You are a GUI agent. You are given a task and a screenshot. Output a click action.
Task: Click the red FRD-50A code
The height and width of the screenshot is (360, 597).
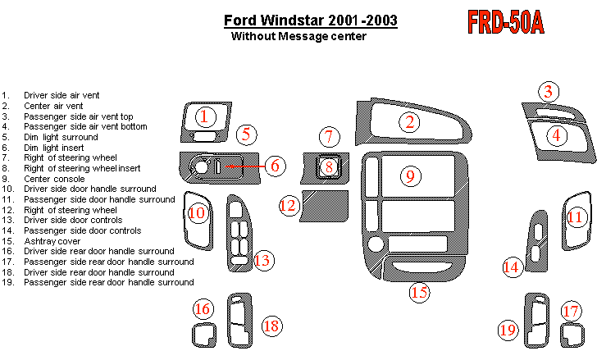coord(505,23)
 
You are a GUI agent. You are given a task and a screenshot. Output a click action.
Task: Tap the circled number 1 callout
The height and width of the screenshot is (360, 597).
coord(206,116)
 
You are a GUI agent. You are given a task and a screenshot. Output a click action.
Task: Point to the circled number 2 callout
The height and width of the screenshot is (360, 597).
coord(409,122)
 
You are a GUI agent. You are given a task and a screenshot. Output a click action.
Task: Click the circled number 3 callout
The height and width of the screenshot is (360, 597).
coord(549,92)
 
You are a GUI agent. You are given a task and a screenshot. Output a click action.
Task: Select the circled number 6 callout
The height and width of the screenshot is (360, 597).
coord(276,166)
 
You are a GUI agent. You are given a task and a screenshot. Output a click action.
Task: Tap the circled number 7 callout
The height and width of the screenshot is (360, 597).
coord(328,136)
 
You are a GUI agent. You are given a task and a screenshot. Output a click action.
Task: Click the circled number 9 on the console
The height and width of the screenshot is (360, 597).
coord(411,175)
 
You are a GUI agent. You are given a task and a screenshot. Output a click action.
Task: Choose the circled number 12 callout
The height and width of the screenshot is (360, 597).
coord(288,205)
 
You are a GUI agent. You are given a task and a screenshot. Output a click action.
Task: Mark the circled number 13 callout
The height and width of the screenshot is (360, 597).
coord(262,261)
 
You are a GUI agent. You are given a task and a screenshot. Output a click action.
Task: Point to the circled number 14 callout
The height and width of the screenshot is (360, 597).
coord(513,267)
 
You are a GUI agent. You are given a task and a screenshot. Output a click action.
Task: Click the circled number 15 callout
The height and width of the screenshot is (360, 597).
coord(420,291)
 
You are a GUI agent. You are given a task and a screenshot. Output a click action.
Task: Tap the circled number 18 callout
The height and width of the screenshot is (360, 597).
coord(271,326)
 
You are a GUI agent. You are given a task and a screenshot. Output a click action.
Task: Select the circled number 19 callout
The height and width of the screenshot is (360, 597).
coord(508,330)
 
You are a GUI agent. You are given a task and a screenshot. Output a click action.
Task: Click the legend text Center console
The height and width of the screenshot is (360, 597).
coord(54,179)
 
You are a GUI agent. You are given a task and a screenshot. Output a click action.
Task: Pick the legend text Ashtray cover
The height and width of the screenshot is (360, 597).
coord(52,241)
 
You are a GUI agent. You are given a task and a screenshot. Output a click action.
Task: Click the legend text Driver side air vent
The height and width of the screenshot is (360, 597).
coord(62,95)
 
